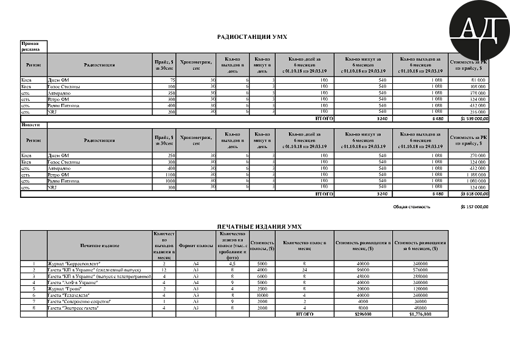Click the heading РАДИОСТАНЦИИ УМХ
(x=252, y=37)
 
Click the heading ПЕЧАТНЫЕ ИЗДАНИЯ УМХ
(x=259, y=226)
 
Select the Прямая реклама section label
(x=30, y=47)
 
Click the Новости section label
(x=30, y=124)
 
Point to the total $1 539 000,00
(x=474, y=119)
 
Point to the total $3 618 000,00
(x=474, y=194)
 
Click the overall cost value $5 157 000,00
(x=475, y=206)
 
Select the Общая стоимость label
(x=412, y=206)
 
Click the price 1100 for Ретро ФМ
(x=169, y=174)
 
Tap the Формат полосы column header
(x=195, y=245)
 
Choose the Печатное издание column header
(x=99, y=245)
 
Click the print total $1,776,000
(x=420, y=314)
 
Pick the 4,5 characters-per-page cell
(x=232, y=264)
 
